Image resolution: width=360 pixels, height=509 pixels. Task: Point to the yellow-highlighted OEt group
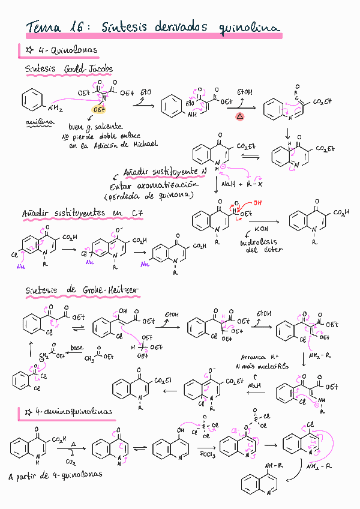click(x=99, y=110)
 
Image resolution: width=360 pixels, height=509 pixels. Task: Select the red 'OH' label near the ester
click(x=257, y=203)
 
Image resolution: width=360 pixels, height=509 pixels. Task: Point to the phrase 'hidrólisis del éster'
click(x=261, y=245)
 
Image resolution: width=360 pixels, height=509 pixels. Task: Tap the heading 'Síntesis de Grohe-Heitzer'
click(x=82, y=291)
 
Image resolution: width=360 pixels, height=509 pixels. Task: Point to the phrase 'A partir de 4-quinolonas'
click(x=55, y=475)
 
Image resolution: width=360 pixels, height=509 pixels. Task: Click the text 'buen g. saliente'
click(x=96, y=127)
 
